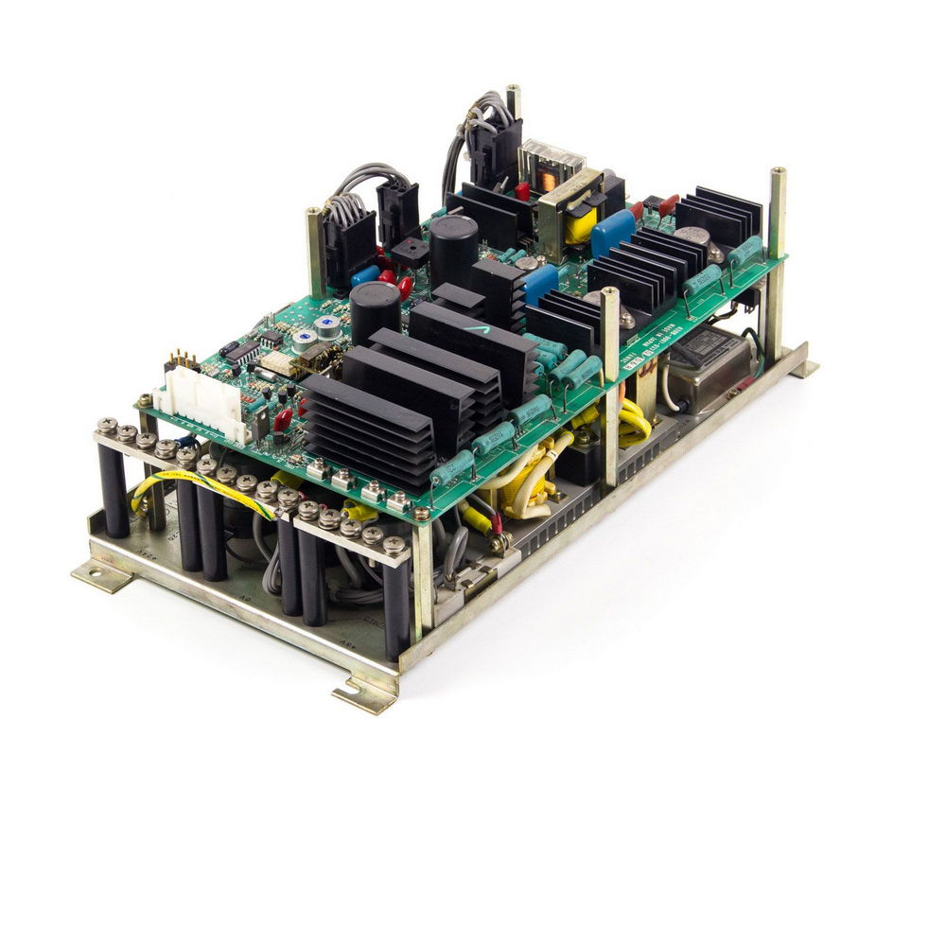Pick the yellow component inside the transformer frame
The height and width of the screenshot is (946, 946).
(x=579, y=226)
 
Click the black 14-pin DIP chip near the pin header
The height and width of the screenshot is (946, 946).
(x=242, y=353)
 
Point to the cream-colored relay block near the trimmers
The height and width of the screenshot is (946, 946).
(x=280, y=362)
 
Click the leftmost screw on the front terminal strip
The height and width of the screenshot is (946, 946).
(x=106, y=427)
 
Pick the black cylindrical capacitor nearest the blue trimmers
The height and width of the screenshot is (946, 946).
(x=375, y=309)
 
